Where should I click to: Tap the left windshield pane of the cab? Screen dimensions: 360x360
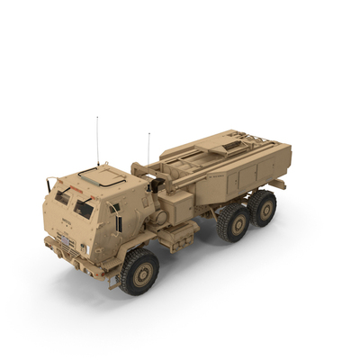pyautogui.click(x=61, y=196)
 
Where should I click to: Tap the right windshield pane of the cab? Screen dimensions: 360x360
pyautogui.click(x=83, y=209)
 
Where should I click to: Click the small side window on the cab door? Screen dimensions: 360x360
pyautogui.click(x=115, y=208)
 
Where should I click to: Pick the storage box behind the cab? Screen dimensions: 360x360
pyautogui.click(x=179, y=237)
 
